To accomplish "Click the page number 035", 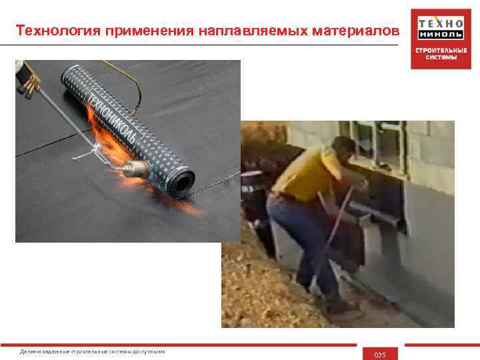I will pos(380,354).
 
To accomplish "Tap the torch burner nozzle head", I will pos(138,167).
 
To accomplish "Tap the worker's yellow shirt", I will pos(303,175).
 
